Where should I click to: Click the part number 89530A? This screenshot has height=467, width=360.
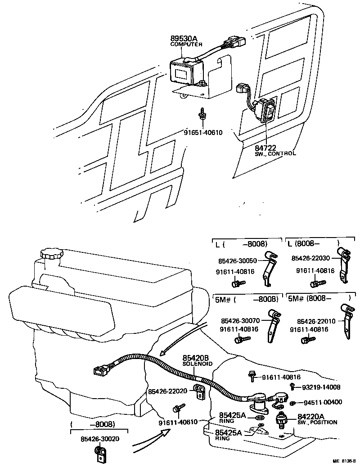[x=184, y=38]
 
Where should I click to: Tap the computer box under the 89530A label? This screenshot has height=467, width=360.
[x=185, y=71]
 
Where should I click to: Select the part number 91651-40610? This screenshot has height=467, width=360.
[x=203, y=132]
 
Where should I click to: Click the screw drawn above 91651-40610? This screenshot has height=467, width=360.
[x=202, y=113]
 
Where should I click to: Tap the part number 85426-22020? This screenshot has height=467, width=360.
[x=167, y=391]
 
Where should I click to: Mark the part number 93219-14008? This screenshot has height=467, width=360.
[x=321, y=387]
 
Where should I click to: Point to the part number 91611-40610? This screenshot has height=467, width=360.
[x=178, y=422]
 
